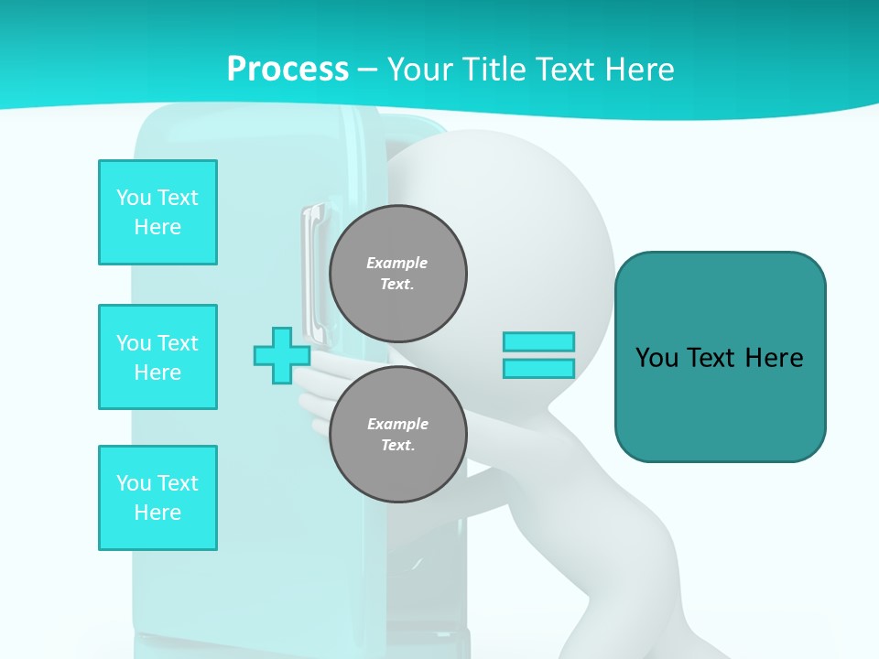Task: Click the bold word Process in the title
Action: point(288,70)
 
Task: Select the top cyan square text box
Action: point(157,212)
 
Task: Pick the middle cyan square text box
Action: point(157,357)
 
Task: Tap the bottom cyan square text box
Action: point(157,498)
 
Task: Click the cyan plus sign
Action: point(282,355)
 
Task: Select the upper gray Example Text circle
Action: point(398,273)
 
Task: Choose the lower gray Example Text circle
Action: point(398,434)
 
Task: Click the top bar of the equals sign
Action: point(538,341)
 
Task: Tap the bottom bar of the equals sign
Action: point(538,369)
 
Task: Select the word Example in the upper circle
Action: point(397,263)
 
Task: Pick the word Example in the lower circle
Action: point(397,424)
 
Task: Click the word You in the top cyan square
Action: point(134,198)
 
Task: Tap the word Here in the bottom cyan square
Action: point(157,513)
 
